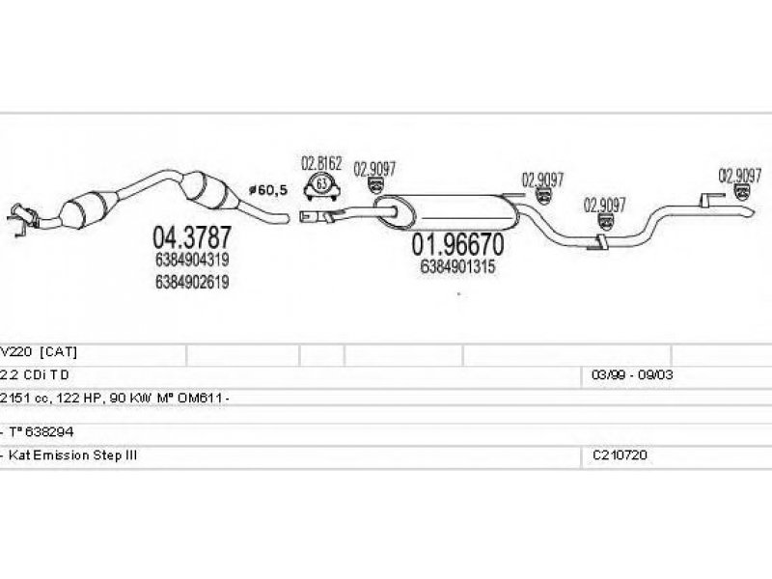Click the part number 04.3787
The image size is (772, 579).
point(191,237)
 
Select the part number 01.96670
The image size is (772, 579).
point(457,244)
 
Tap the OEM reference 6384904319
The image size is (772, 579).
point(192,260)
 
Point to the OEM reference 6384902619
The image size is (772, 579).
point(192,282)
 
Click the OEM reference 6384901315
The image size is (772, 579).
point(457,266)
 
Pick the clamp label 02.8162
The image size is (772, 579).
point(321,163)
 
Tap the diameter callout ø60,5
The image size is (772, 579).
point(268,189)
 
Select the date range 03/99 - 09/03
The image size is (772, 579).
point(632,374)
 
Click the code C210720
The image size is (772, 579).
point(620,455)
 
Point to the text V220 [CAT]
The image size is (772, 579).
point(39,351)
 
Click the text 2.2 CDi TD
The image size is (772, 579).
point(35,374)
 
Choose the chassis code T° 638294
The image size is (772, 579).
point(41,431)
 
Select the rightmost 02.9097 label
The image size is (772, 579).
point(740,176)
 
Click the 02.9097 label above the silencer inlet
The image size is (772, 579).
point(374,170)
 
